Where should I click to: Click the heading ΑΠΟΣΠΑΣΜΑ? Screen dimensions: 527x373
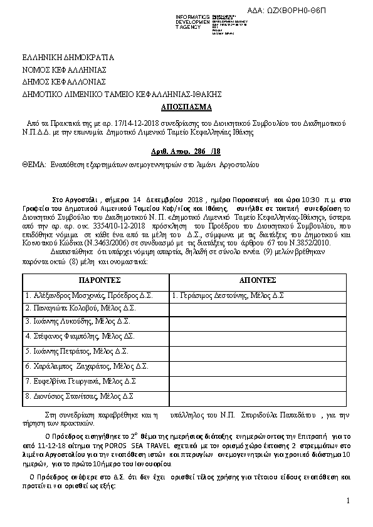click(186, 106)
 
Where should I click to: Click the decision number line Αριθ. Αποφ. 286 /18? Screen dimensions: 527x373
click(186, 151)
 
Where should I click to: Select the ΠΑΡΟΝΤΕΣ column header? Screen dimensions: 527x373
click(96, 279)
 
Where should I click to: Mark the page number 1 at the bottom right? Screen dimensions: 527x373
click(347, 500)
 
